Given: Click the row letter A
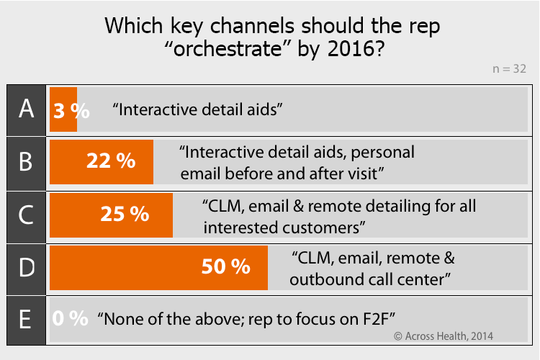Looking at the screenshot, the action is click(x=26, y=109).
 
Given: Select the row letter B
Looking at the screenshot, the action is click(x=26, y=161).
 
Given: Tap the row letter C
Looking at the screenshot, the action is click(x=26, y=215).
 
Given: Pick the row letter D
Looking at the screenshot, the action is click(x=27, y=267).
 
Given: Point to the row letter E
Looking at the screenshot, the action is click(x=25, y=320).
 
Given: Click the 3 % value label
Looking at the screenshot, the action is click(x=71, y=111).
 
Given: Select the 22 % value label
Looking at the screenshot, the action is click(x=111, y=161).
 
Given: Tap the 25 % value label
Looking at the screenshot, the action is click(x=125, y=214).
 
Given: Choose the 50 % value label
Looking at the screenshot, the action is click(x=226, y=266).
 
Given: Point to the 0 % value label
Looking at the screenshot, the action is click(x=71, y=318).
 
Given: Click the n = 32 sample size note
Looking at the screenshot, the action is click(x=509, y=69).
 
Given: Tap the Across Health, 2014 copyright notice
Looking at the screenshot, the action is click(x=444, y=336).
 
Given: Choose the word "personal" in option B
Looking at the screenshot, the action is click(x=382, y=153).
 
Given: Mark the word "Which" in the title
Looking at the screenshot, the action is click(x=134, y=26).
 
